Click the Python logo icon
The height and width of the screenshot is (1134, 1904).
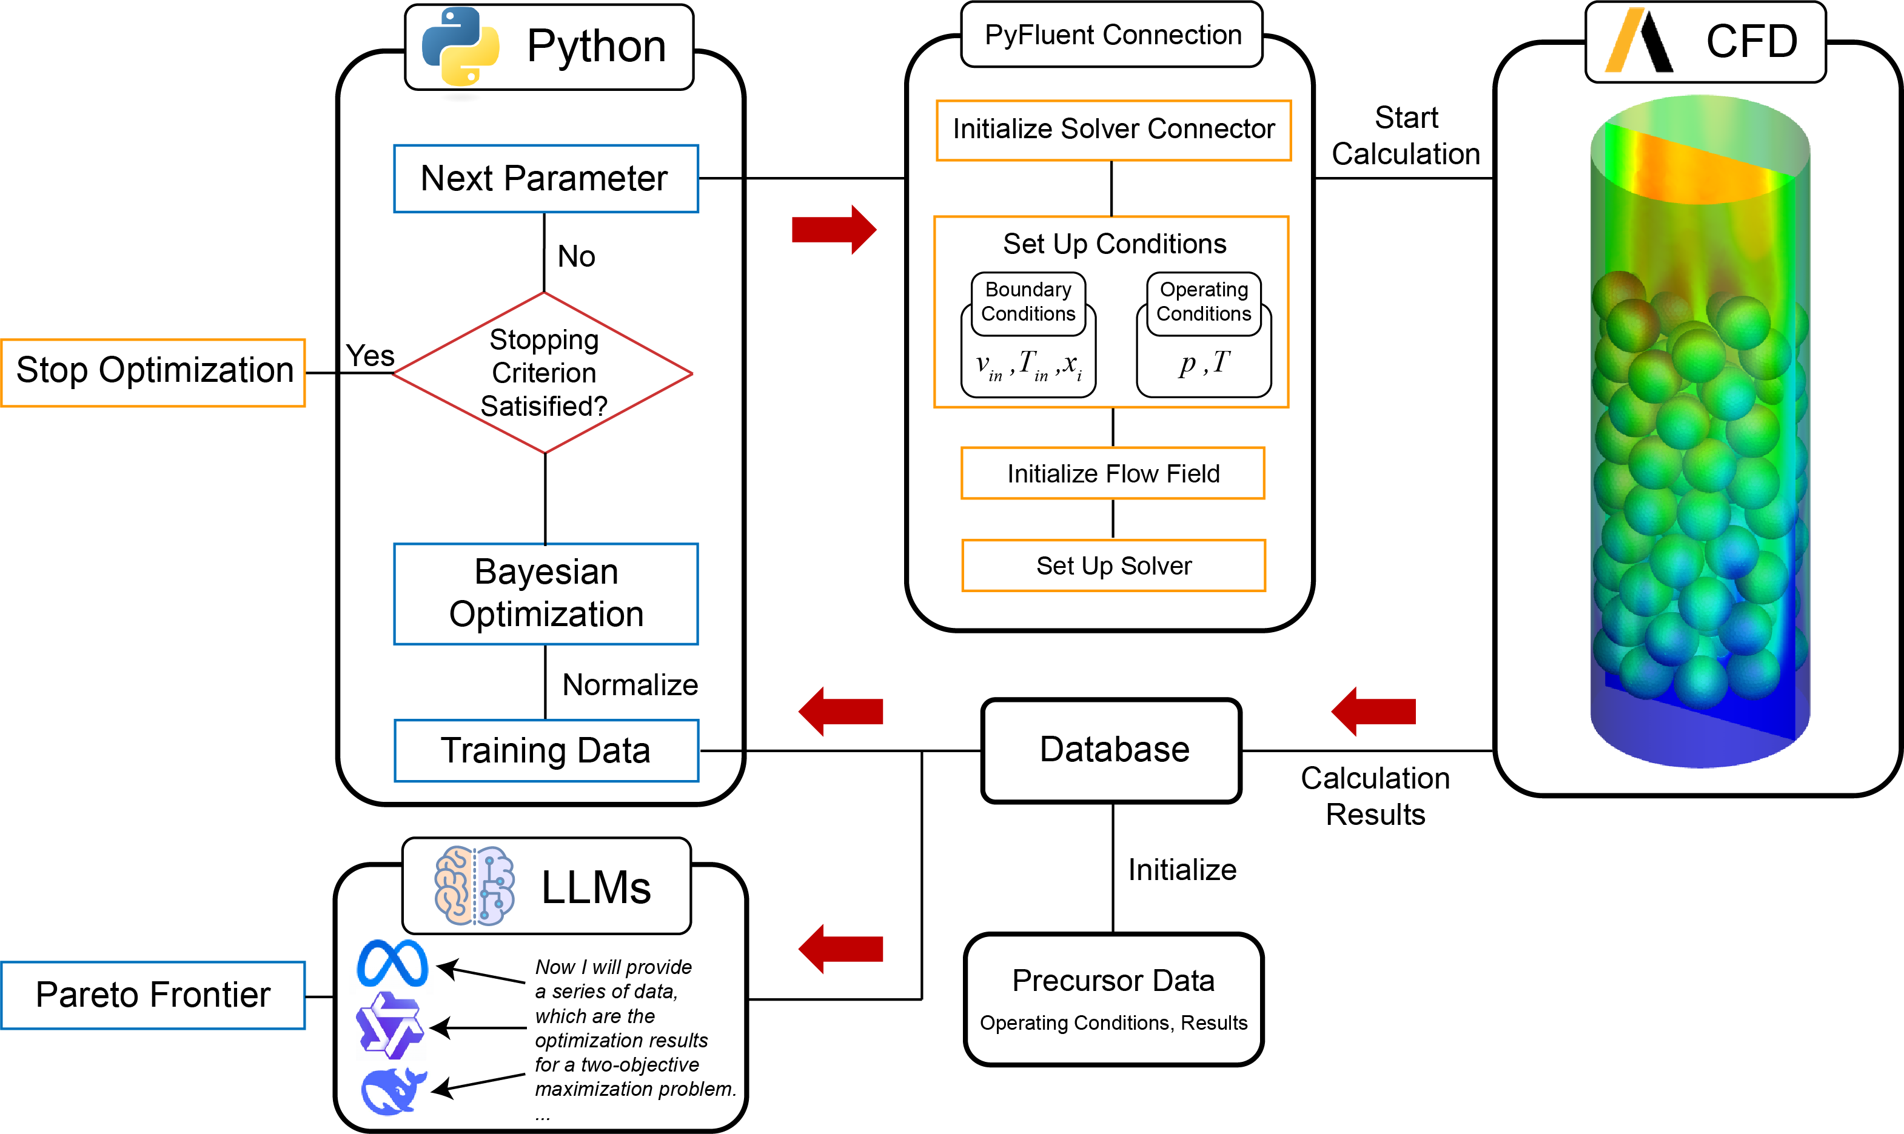coord(460,47)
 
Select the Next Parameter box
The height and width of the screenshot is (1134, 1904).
coord(545,179)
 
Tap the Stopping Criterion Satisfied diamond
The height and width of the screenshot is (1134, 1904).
coord(543,373)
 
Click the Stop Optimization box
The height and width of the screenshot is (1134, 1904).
coord(153,372)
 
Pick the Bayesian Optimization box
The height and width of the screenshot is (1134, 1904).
coord(546,594)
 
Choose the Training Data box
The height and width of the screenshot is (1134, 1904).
coord(546,750)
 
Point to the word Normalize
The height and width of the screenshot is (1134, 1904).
coord(630,685)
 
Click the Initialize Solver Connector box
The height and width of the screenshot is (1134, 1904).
coord(1113,130)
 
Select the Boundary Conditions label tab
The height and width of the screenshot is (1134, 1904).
coord(1028,302)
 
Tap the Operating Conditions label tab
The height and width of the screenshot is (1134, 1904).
coord(1203,302)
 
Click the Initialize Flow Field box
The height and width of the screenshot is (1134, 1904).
coord(1113,474)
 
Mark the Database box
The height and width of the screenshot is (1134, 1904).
coord(1112,750)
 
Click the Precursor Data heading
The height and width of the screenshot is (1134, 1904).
coord(1113,981)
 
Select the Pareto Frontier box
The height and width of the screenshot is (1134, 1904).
coord(153,995)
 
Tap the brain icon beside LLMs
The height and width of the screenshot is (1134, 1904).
coord(474,887)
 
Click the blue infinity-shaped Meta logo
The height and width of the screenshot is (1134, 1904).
coord(392,964)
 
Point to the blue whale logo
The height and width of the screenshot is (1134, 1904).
coord(393,1090)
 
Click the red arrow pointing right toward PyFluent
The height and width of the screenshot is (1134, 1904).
coord(833,229)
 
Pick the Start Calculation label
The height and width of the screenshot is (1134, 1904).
coord(1406,136)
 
